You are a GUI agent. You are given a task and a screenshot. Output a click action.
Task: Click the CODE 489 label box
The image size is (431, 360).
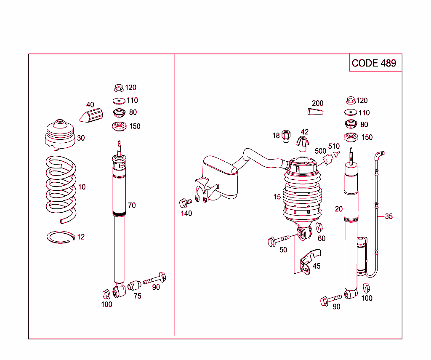click(x=374, y=63)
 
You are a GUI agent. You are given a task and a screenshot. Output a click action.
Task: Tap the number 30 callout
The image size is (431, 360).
click(x=81, y=138)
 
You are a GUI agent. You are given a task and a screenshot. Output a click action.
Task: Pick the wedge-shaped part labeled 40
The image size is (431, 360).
click(x=92, y=115)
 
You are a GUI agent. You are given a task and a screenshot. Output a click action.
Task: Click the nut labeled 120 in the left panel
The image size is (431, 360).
click(x=118, y=88)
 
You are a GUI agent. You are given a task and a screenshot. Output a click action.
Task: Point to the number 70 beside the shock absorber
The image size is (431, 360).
click(x=132, y=205)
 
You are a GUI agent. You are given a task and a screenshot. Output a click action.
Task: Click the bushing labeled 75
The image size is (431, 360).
click(x=134, y=285)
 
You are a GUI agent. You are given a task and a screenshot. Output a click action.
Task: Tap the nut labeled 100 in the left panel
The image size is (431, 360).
click(x=106, y=293)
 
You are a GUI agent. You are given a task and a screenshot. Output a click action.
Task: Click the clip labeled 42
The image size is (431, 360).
click(x=303, y=144)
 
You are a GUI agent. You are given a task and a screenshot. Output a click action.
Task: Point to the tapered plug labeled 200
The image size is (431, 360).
click(x=315, y=111)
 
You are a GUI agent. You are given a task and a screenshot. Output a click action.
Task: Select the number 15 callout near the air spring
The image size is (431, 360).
click(x=277, y=197)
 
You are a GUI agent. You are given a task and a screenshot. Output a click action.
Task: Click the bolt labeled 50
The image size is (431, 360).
click(x=279, y=240)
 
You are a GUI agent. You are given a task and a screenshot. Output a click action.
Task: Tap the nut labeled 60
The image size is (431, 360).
click(x=319, y=228)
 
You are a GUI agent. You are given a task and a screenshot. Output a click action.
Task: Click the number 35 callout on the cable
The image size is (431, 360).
click(x=388, y=216)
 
